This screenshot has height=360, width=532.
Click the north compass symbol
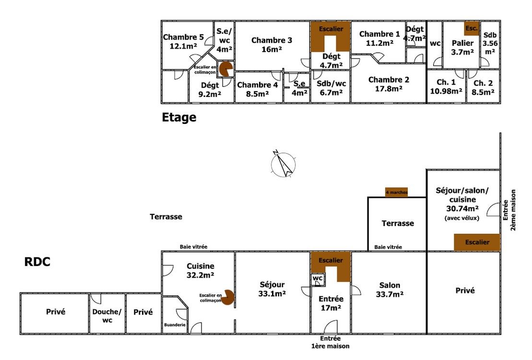pyautogui.click(x=284, y=164)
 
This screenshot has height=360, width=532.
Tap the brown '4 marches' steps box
pyautogui.click(x=396, y=192)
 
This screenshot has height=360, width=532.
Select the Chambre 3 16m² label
pyautogui.click(x=272, y=45)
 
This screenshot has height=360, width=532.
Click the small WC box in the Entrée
pyautogui.click(x=318, y=278)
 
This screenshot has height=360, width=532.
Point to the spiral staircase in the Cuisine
pyautogui.click(x=226, y=297)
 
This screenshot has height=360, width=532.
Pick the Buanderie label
pyautogui.click(x=175, y=324)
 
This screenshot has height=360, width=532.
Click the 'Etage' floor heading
pyautogui.click(x=179, y=118)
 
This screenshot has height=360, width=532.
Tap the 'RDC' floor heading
pyautogui.click(x=37, y=262)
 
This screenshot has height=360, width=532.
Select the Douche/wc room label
pyautogui.click(x=107, y=315)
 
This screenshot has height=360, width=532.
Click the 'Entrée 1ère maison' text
pyautogui.click(x=330, y=342)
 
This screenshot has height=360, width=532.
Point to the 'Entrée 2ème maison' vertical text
pyautogui.click(x=509, y=210)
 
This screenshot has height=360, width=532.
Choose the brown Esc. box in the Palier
pyautogui.click(x=472, y=28)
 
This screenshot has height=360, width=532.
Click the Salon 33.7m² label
pyautogui.click(x=390, y=290)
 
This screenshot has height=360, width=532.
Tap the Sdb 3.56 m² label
pyautogui.click(x=490, y=43)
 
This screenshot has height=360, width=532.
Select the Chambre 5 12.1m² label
pyautogui.click(x=183, y=41)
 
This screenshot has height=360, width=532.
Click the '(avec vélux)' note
pyautogui.click(x=462, y=218)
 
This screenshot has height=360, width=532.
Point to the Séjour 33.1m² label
pyautogui.click(x=272, y=289)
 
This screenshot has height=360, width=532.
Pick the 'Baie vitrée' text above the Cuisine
pyautogui.click(x=193, y=247)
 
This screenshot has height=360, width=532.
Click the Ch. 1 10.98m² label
pyautogui.click(x=446, y=86)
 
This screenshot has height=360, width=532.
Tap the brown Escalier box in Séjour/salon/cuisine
pyautogui.click(x=477, y=242)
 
